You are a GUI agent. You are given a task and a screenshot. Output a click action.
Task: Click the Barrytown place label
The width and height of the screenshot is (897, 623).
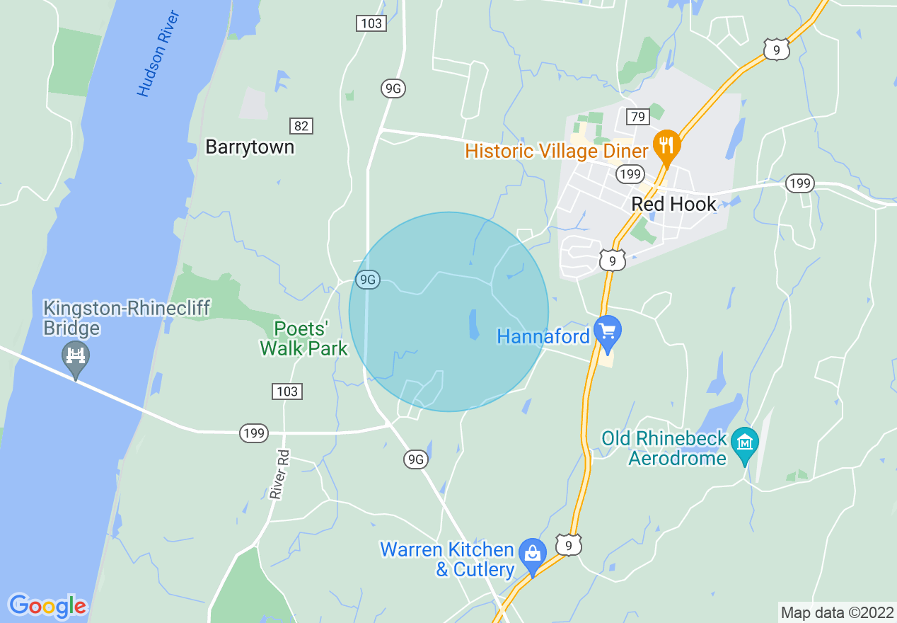point(249,147)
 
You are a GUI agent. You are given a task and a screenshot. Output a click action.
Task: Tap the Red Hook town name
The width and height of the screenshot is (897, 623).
point(673,204)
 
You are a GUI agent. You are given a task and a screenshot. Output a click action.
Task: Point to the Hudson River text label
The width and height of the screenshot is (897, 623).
point(158,53)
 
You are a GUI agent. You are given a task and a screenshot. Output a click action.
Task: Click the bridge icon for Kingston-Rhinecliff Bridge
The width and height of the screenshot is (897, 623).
point(75,354)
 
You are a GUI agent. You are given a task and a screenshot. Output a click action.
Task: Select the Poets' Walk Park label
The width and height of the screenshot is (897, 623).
point(304,338)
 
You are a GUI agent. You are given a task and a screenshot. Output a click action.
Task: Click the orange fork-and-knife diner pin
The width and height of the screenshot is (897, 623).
point(666,146)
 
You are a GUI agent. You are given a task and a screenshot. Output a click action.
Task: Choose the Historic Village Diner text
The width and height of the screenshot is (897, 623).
point(557,151)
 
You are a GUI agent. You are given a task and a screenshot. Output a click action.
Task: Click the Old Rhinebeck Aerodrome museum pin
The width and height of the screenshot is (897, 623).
point(744,443)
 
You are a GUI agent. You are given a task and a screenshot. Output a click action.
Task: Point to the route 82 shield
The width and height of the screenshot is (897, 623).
point(301,126)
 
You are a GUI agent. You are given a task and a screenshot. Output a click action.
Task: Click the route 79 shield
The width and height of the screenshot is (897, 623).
point(637,117)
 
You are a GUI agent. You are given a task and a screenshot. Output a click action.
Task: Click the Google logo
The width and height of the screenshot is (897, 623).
point(47,606)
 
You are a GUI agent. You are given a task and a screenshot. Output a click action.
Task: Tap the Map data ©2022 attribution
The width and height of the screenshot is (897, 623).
point(837,612)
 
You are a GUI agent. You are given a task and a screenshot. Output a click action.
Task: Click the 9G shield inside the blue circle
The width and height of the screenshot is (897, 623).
point(368,280)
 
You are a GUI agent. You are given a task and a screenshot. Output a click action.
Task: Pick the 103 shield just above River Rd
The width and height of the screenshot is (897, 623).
point(287,391)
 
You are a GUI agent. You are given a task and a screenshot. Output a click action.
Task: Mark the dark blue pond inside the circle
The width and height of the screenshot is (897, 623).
point(472,324)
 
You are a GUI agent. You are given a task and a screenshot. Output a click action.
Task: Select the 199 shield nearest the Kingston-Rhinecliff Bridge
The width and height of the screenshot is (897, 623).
point(253,433)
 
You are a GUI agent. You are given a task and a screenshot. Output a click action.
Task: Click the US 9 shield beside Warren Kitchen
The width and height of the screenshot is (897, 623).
point(568,544)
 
